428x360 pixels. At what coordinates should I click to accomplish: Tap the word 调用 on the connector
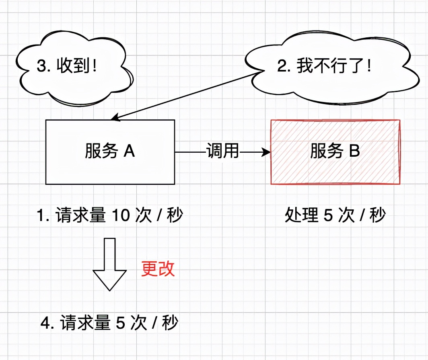point(222,152)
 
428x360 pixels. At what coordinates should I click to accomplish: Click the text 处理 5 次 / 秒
point(335,216)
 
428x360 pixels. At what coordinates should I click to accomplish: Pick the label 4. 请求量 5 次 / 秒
point(109,323)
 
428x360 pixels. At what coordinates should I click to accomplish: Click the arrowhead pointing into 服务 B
point(266,152)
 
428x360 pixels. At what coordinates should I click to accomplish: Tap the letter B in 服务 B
point(354,152)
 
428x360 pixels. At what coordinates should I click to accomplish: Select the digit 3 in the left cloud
point(41,66)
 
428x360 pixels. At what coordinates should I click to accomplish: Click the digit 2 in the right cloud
point(282,66)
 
